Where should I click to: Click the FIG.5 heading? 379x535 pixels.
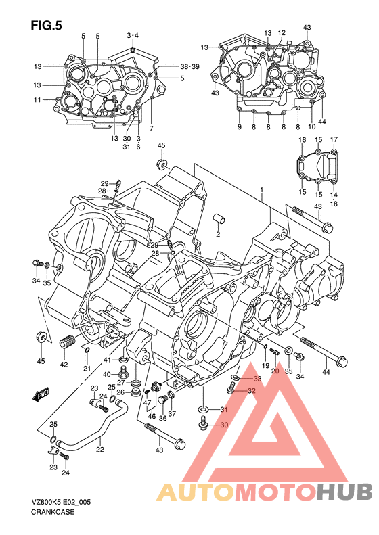click(x=47, y=25)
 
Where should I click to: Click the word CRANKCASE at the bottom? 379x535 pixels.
click(x=53, y=512)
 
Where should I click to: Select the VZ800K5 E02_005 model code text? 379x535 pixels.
click(x=61, y=503)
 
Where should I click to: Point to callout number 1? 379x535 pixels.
click(x=261, y=189)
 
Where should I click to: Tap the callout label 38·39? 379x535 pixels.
click(x=190, y=66)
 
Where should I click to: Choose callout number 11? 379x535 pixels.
click(x=37, y=99)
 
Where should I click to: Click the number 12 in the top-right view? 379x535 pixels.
click(x=282, y=32)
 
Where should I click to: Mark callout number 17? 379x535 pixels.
click(x=334, y=139)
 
